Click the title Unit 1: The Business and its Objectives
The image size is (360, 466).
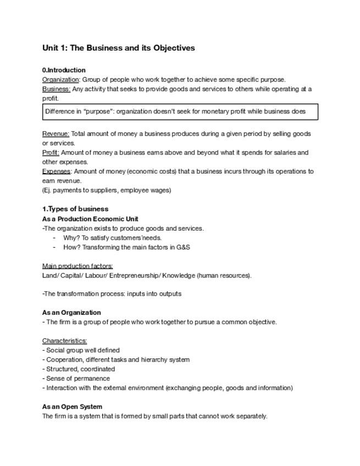coord(118,48)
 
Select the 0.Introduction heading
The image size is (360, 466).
coord(64,70)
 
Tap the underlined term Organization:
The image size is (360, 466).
coord(61,80)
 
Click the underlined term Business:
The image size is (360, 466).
coord(56,89)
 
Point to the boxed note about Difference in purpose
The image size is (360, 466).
coord(180,112)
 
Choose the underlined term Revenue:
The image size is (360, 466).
coord(56,134)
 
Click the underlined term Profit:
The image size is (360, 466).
coord(51,153)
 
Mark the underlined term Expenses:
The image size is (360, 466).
coord(56,171)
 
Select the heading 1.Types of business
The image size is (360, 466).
coord(75,209)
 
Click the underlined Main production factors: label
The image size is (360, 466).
coord(77,266)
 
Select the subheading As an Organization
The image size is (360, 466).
coord(71,313)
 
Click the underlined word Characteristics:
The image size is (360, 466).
coord(64,341)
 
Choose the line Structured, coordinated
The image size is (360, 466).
coord(80,369)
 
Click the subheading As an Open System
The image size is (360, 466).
coord(72,407)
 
